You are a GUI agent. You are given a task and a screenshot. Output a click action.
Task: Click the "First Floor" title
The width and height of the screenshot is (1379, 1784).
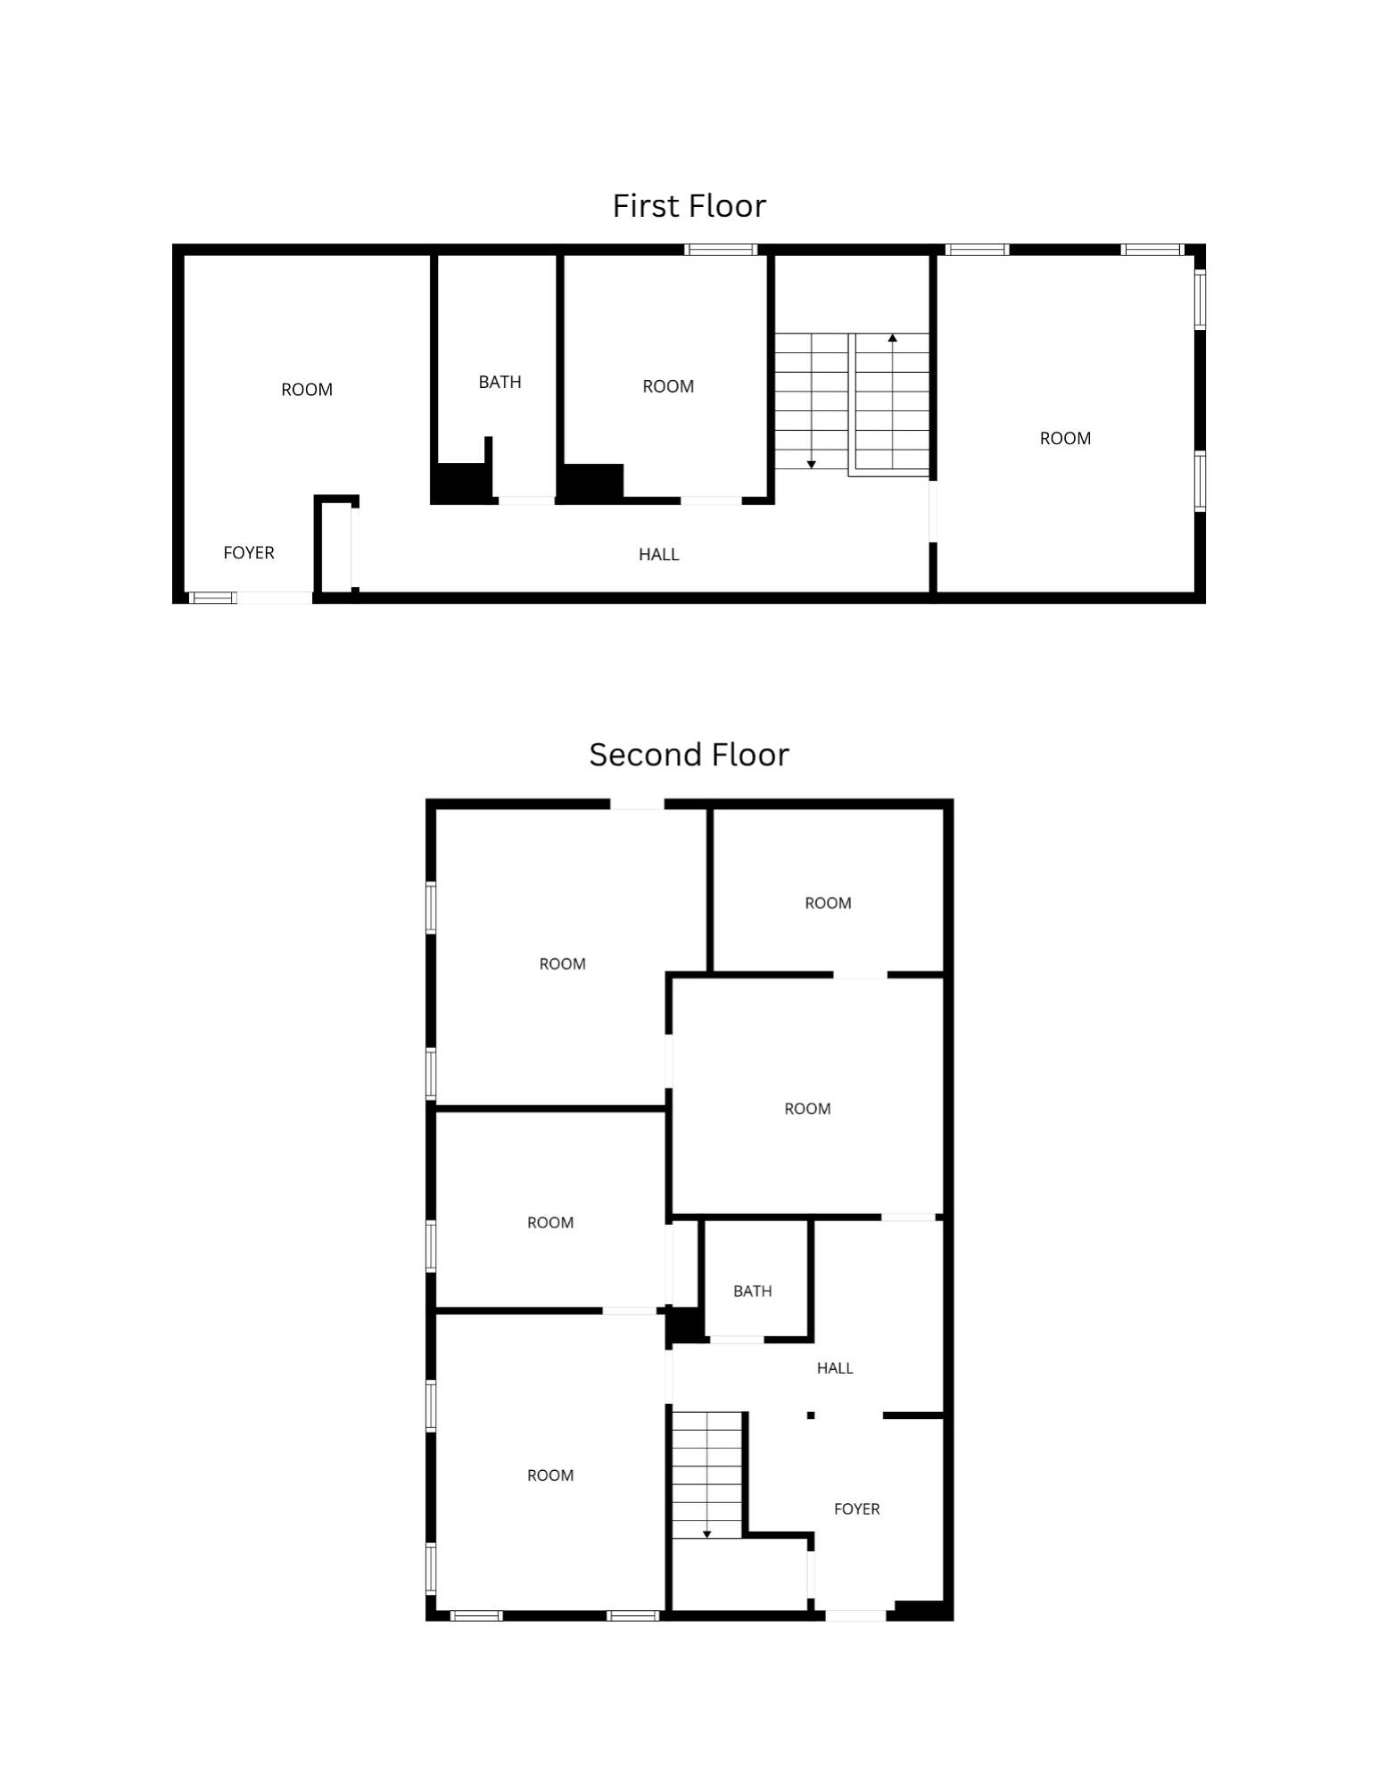pyautogui.click(x=689, y=206)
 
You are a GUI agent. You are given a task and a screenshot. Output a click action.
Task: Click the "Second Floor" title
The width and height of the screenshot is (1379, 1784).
pyautogui.click(x=689, y=755)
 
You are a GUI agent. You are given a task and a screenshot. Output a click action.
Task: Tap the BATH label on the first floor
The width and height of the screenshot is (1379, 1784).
pyautogui.click(x=500, y=382)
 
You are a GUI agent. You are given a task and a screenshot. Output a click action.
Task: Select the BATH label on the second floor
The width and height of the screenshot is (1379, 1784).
pyautogui.click(x=752, y=1291)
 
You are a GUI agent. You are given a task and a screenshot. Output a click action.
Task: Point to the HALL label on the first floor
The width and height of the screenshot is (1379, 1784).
pyautogui.click(x=658, y=554)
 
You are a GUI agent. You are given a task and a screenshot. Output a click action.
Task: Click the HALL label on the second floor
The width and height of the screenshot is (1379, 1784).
pyautogui.click(x=835, y=1367)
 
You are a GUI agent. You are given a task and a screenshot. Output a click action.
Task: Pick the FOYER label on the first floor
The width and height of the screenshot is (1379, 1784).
pyautogui.click(x=249, y=552)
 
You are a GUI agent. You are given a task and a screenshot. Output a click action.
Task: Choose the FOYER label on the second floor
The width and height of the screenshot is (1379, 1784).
pyautogui.click(x=856, y=1508)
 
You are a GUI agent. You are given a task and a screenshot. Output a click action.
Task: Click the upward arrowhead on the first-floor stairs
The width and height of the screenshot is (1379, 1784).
pyautogui.click(x=892, y=337)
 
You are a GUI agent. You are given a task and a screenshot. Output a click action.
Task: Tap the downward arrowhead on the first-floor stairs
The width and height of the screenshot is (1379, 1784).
pyautogui.click(x=811, y=465)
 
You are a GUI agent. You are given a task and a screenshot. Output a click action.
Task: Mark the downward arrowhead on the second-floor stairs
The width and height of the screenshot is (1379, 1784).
pyautogui.click(x=706, y=1534)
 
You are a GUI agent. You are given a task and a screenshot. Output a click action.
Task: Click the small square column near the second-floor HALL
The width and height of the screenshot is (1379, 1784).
pyautogui.click(x=811, y=1415)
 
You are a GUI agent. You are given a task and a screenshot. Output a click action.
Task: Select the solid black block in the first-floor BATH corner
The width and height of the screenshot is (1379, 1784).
pyautogui.click(x=460, y=483)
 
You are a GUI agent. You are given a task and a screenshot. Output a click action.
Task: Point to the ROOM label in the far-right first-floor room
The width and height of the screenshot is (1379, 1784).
pyautogui.click(x=1065, y=438)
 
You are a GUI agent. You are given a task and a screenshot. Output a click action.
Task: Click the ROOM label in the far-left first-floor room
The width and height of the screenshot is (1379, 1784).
pyautogui.click(x=307, y=390)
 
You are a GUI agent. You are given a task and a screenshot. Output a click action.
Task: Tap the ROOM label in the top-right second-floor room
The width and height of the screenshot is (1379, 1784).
pyautogui.click(x=828, y=903)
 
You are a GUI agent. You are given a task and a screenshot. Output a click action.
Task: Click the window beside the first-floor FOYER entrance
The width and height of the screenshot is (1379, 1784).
pyautogui.click(x=212, y=597)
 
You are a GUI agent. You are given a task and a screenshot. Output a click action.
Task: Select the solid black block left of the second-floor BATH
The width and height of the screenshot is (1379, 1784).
pyautogui.click(x=685, y=1325)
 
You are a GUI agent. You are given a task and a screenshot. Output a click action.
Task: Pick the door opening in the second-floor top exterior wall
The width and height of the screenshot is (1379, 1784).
pyautogui.click(x=637, y=804)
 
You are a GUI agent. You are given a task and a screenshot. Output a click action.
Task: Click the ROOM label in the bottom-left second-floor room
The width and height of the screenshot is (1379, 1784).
pyautogui.click(x=550, y=1475)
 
